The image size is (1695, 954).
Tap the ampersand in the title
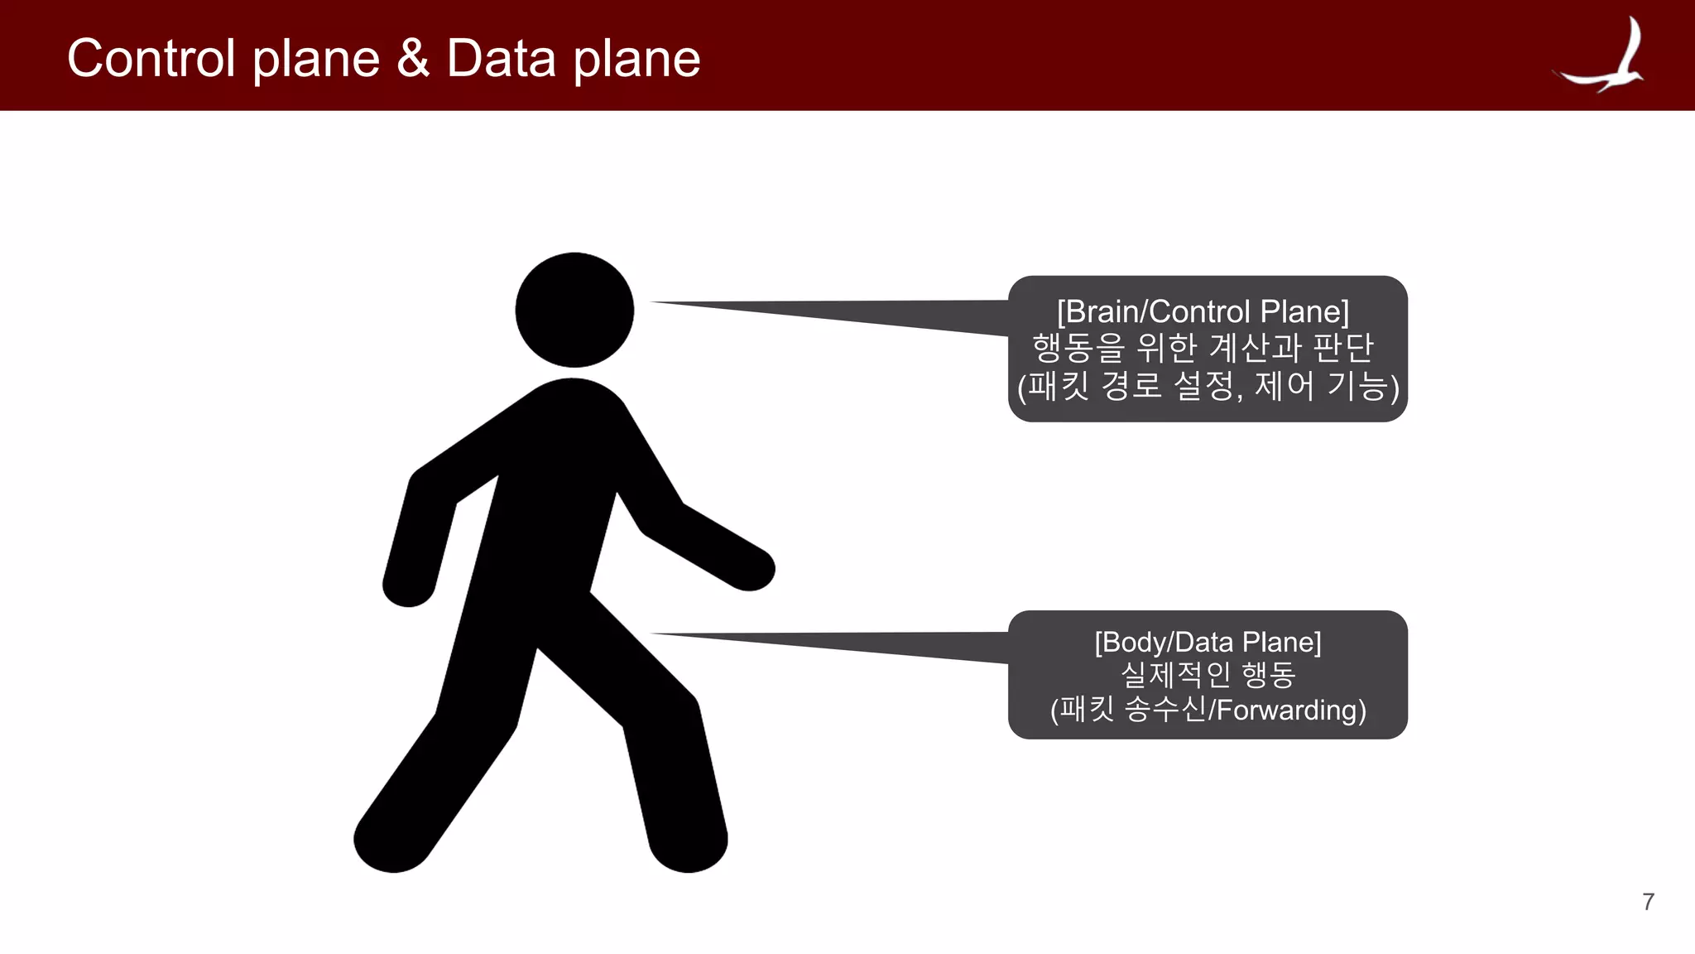tap(413, 59)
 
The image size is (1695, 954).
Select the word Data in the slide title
tap(501, 59)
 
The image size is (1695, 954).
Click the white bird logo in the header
tap(1604, 56)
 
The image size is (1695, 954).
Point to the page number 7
tap(1648, 902)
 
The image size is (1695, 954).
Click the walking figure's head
tap(574, 310)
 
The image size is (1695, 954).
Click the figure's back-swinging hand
tap(408, 583)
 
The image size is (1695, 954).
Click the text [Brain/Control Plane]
tap(1203, 312)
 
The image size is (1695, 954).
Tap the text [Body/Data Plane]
tap(1208, 643)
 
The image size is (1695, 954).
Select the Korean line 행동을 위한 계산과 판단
tap(1203, 348)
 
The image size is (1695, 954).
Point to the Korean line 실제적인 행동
tap(1208, 675)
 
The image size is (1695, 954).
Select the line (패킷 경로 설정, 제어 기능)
tap(1208, 385)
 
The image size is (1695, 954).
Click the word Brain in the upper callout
tap(1102, 312)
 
